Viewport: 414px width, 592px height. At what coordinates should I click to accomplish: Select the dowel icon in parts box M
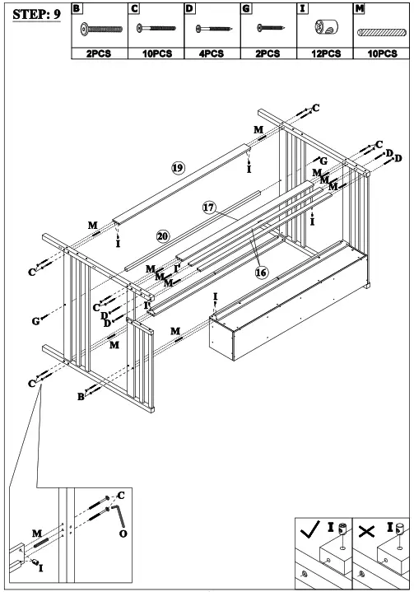tap(379, 30)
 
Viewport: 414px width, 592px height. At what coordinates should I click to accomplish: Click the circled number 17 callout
tap(209, 208)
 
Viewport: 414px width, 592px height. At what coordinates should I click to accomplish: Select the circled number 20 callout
tap(162, 235)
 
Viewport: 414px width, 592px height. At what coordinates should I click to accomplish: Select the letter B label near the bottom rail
tap(81, 397)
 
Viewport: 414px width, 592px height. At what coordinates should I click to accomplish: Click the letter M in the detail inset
tap(35, 534)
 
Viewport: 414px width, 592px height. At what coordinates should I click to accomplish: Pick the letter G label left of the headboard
tap(35, 320)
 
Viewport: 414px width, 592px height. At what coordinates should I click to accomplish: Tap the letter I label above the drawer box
tap(216, 296)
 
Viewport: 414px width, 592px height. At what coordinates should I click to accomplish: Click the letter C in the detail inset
tap(120, 495)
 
